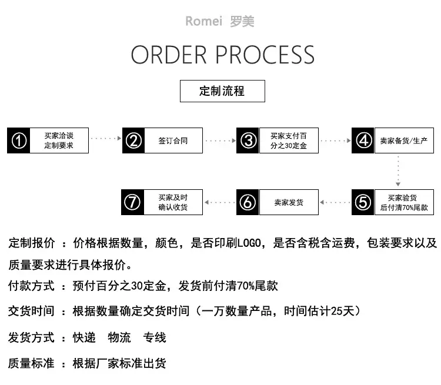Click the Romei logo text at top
click(x=203, y=21)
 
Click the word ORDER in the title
click(x=169, y=55)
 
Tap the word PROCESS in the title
click(x=265, y=55)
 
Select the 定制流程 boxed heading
click(x=222, y=91)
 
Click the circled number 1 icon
click(x=19, y=140)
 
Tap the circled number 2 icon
click(x=133, y=140)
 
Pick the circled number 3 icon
click(x=248, y=140)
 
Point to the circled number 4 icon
click(x=363, y=140)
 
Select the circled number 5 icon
click(x=363, y=202)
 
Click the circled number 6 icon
click(x=248, y=202)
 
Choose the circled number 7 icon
click(x=132, y=202)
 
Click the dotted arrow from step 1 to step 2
click(x=106, y=138)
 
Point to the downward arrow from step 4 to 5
click(x=398, y=170)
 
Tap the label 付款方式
click(x=31, y=286)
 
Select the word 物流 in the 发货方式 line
click(x=119, y=337)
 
